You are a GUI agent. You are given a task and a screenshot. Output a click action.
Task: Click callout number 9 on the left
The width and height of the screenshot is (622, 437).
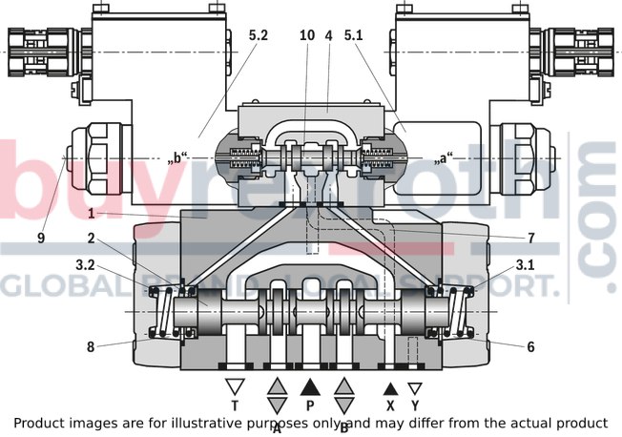(41, 238)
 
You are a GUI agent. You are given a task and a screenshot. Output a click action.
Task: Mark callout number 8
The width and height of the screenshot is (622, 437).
(92, 346)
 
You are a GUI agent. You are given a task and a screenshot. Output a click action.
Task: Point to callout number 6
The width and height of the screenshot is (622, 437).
(531, 346)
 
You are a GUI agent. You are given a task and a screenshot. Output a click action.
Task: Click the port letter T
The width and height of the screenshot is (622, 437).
(234, 405)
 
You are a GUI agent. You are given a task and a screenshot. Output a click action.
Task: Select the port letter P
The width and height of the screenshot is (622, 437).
(310, 405)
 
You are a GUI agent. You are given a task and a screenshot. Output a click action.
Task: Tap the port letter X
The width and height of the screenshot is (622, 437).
(389, 405)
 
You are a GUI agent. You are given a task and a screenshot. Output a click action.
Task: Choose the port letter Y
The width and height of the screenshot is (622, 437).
(415, 405)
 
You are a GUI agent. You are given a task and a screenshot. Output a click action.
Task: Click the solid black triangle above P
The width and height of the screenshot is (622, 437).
(310, 387)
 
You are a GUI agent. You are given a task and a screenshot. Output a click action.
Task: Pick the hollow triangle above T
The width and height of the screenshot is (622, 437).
(234, 387)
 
